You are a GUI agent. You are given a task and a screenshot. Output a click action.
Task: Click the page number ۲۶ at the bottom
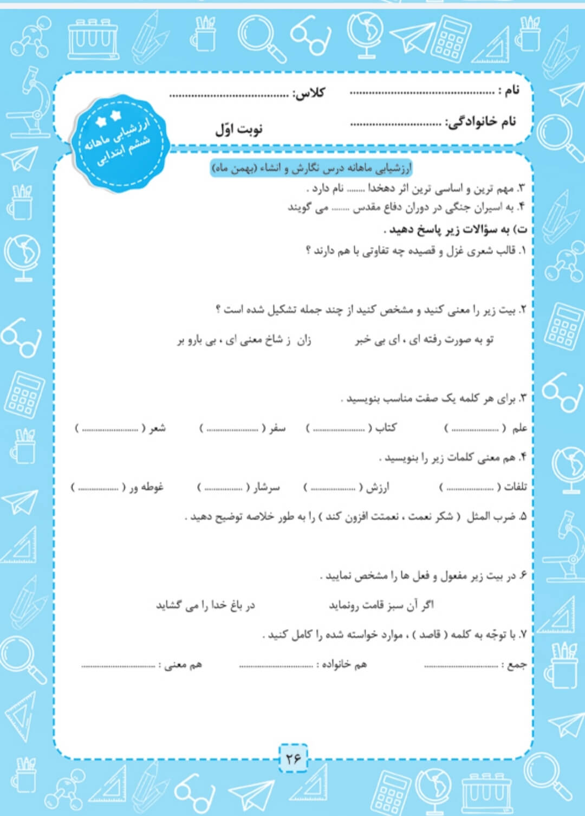[293, 759]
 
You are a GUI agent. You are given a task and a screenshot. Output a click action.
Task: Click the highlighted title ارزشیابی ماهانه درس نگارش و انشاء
[311, 169]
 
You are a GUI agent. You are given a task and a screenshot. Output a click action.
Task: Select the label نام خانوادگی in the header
[480, 122]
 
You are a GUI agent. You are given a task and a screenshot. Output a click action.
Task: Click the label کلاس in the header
[309, 93]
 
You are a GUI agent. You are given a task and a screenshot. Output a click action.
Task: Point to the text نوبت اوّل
[238, 129]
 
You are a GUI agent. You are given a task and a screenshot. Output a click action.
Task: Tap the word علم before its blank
[519, 428]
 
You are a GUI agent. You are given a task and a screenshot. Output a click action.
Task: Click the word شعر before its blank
[158, 428]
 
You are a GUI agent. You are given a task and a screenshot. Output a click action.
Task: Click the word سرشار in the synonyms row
[266, 487]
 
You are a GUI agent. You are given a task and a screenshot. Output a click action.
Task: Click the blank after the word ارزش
[333, 488]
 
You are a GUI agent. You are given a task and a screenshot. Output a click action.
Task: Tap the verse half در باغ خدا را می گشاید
[205, 605]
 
